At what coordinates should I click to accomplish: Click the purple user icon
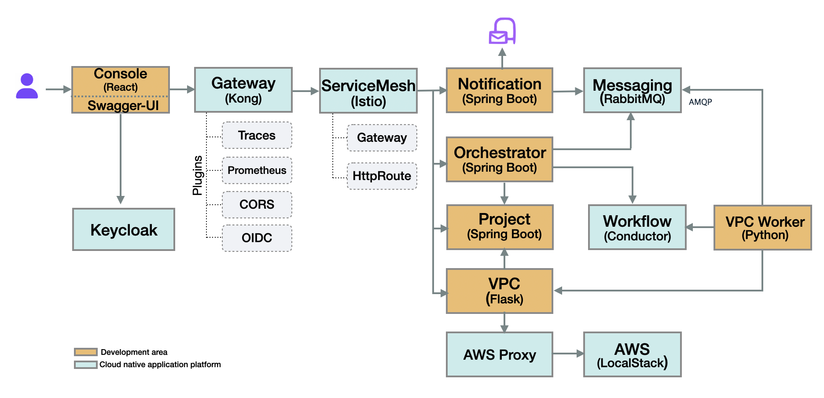tap(27, 86)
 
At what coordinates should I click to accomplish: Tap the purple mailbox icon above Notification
tap(502, 31)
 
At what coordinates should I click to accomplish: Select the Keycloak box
tap(124, 229)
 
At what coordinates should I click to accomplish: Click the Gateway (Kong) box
tap(243, 90)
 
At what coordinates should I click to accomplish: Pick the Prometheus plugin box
tap(257, 170)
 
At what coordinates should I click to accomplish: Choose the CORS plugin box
tap(257, 205)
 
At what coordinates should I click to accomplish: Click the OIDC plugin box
tap(257, 238)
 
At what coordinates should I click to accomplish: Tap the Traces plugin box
tap(257, 136)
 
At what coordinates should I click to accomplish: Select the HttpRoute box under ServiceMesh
tap(382, 176)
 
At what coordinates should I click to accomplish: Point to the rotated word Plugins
tap(198, 175)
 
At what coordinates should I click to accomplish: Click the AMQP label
tap(700, 102)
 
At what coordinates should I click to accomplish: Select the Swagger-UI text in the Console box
tap(123, 106)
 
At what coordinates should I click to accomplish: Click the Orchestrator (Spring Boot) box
tap(500, 159)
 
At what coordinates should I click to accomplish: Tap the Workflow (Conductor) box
tap(637, 228)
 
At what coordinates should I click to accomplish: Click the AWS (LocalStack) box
tap(632, 355)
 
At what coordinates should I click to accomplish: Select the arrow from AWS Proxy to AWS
tap(568, 353)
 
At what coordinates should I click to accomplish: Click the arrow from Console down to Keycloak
tap(121, 158)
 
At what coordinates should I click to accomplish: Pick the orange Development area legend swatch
tap(86, 352)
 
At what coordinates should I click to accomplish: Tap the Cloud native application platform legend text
tap(160, 365)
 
